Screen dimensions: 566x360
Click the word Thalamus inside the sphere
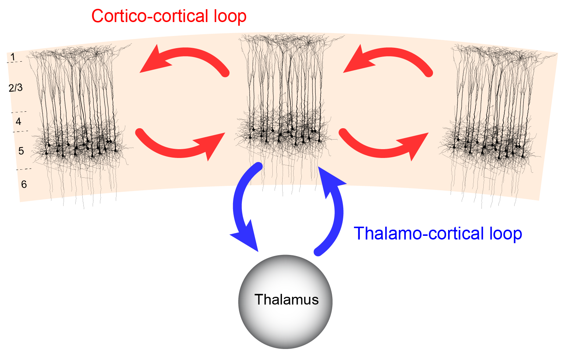click(x=287, y=299)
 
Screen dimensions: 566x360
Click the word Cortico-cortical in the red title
click(x=150, y=16)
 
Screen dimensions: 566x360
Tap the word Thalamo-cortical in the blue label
click(x=418, y=233)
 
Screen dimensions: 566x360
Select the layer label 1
click(x=13, y=57)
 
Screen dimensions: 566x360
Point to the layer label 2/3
click(x=16, y=88)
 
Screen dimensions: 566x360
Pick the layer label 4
click(x=18, y=122)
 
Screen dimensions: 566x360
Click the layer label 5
click(x=21, y=151)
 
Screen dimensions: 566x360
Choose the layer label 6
click(x=24, y=184)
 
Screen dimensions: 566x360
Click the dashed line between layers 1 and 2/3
click(x=14, y=62)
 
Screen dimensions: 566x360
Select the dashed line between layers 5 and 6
click(x=24, y=169)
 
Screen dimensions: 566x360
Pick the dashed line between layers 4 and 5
click(x=21, y=132)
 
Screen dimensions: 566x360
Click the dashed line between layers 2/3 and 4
click(x=19, y=112)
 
